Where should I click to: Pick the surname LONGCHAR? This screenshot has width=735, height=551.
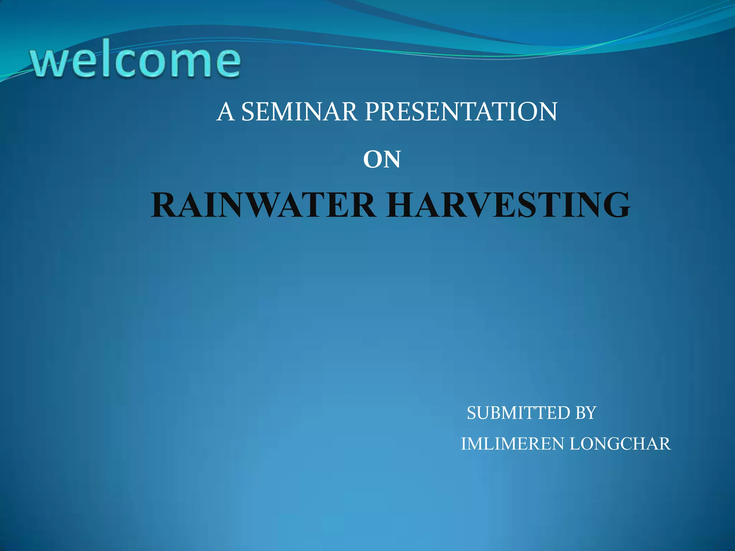click(x=620, y=444)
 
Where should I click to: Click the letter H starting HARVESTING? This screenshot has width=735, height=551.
click(x=403, y=205)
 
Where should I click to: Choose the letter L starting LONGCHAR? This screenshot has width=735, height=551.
click(x=576, y=444)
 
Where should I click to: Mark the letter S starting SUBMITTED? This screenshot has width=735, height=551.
click(x=472, y=413)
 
